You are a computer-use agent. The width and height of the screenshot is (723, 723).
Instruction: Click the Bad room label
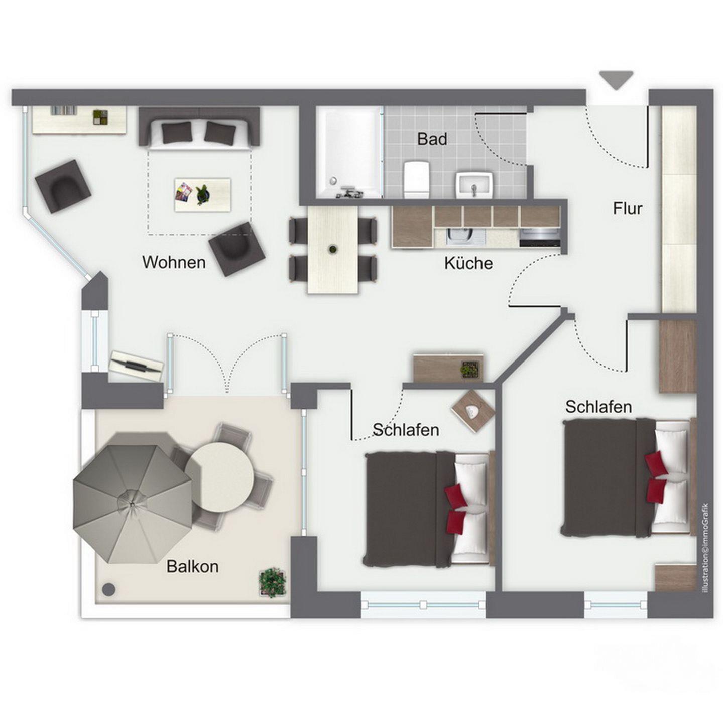[x=432, y=139]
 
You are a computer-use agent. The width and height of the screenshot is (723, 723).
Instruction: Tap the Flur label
[x=628, y=208]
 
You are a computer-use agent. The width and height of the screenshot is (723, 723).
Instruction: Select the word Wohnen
[x=174, y=262]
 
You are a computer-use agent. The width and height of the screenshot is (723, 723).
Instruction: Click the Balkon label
[x=192, y=566]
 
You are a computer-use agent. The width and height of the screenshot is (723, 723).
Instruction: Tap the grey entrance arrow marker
[x=616, y=80]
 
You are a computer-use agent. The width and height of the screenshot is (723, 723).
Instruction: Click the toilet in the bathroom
[x=416, y=179]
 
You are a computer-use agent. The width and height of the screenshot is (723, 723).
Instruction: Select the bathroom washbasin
[x=474, y=185]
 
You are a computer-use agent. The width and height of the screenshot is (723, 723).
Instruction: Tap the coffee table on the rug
[x=203, y=195]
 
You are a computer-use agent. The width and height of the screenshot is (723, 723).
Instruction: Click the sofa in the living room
[x=199, y=128]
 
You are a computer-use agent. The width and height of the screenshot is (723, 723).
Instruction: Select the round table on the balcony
[x=220, y=476]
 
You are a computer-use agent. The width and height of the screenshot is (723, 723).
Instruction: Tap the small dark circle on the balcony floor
[x=109, y=589]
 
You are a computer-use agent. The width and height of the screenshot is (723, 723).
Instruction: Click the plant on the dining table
[x=332, y=249]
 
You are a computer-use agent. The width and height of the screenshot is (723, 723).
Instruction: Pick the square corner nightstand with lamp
[x=473, y=411]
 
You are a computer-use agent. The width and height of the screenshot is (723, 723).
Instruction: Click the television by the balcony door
[x=137, y=366]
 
